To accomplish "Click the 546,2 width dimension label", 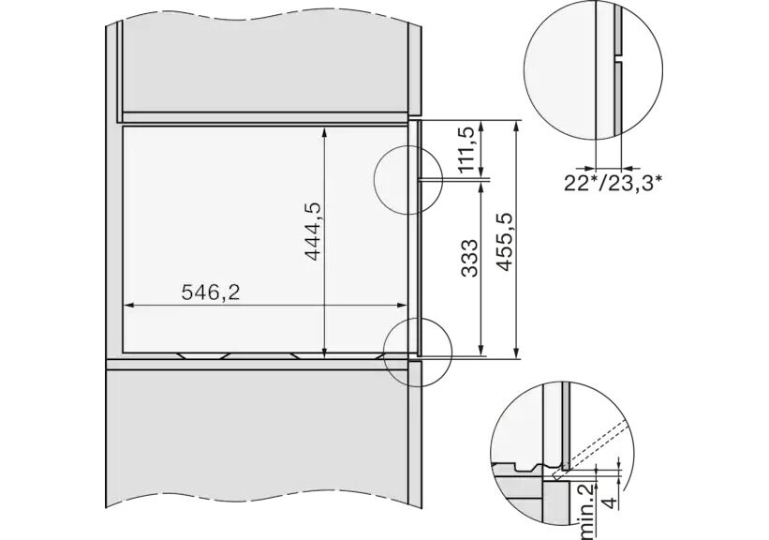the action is point(211,292).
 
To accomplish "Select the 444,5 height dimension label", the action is point(313,231).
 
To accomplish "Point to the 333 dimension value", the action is point(469,258).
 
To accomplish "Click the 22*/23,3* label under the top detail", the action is point(613,184).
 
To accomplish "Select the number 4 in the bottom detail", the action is point(609,502).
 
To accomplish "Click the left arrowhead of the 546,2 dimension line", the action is point(128,305).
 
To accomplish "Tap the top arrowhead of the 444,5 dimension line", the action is point(324,131).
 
